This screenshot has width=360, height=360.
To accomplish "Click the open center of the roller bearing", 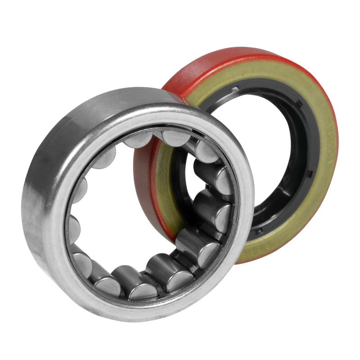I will point(135,211).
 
